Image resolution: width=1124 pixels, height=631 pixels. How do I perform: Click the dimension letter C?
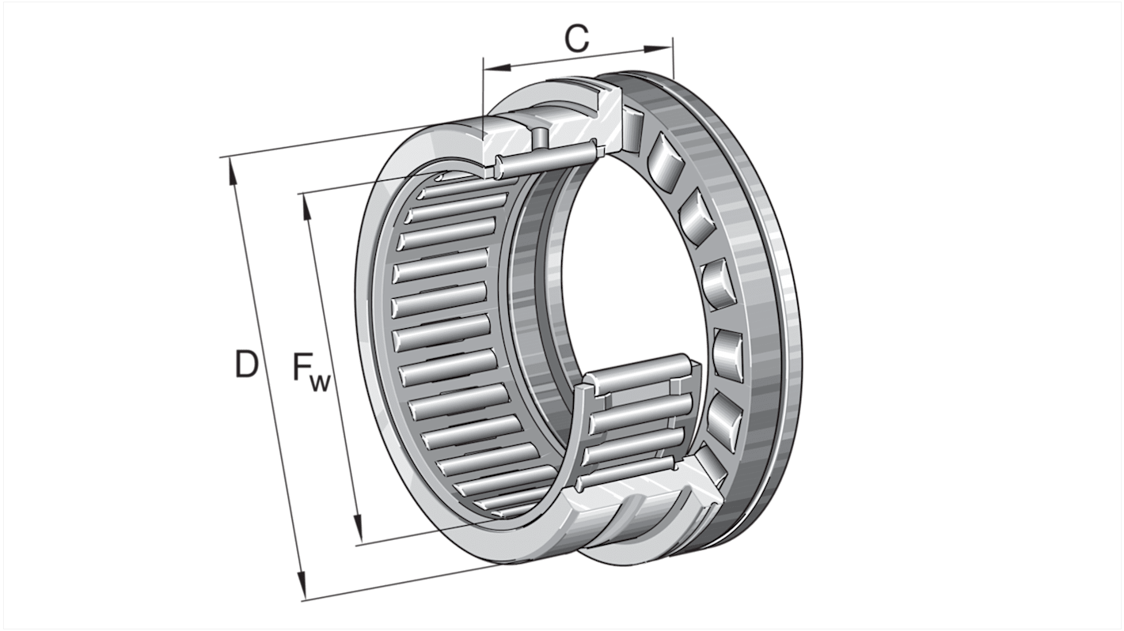577,38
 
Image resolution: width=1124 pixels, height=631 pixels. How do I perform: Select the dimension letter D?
246,365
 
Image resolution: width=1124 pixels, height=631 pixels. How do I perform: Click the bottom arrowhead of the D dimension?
302,589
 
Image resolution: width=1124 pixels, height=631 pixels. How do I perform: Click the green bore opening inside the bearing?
625,261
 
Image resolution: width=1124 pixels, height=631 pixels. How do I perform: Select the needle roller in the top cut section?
546,157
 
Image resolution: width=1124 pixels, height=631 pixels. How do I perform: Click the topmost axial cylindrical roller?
633,120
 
